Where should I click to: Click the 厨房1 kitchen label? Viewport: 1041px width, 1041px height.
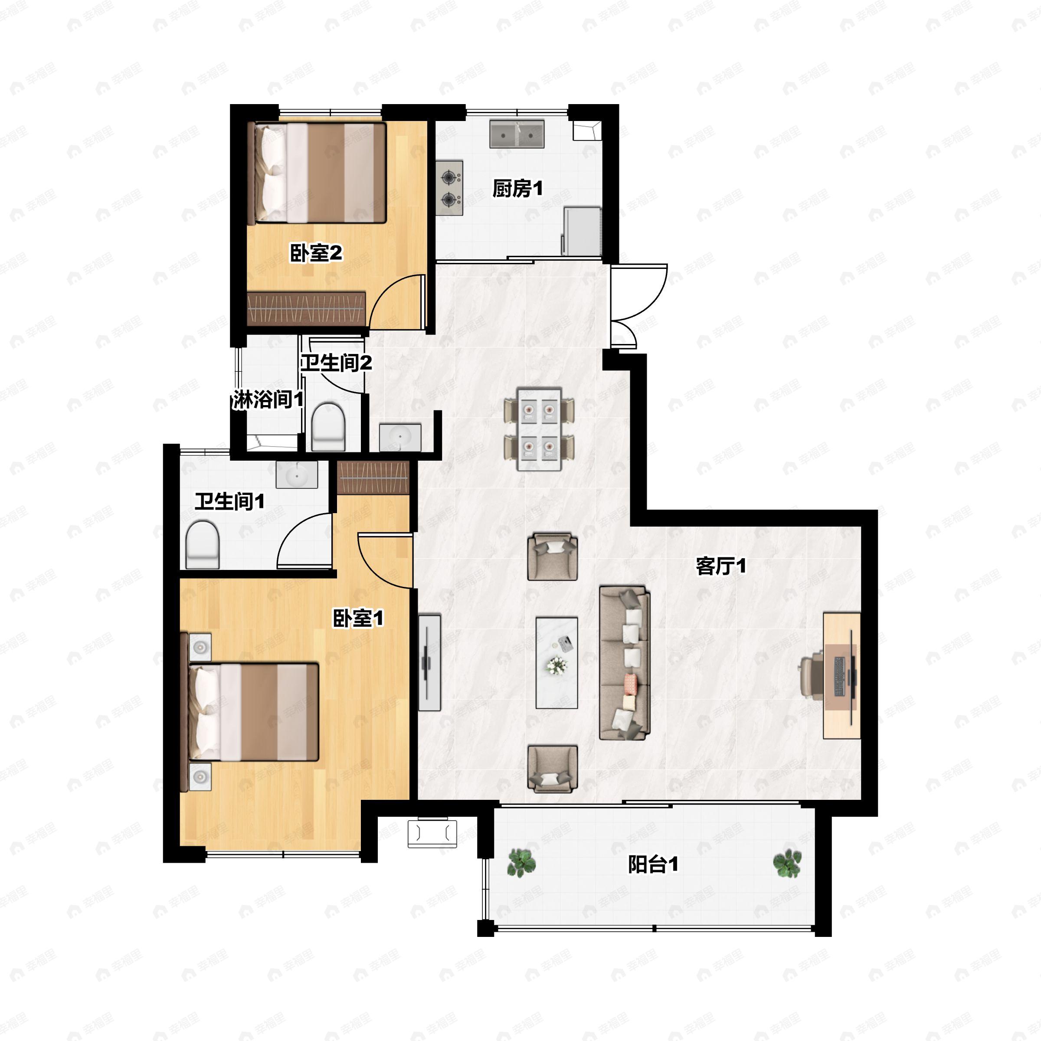point(517,189)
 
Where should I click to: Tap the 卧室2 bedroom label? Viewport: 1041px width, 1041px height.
point(316,253)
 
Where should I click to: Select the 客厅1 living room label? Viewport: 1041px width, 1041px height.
point(721,566)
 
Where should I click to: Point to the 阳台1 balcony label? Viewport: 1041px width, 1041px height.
point(653,865)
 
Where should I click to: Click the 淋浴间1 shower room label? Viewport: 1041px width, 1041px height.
point(268,400)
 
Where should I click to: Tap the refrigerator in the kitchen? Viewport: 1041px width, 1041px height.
point(582,231)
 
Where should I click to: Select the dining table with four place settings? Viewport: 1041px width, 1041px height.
point(539,429)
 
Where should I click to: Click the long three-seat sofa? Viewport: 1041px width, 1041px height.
point(625,663)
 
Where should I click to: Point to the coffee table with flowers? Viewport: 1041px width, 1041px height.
point(557,663)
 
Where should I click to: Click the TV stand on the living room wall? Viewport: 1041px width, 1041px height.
point(429,662)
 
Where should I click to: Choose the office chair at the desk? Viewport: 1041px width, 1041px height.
point(812,676)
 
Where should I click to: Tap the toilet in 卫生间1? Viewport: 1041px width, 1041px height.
point(203,544)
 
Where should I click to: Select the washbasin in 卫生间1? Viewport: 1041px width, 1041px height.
point(296,475)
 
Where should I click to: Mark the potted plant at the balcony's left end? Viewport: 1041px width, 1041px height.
point(521,863)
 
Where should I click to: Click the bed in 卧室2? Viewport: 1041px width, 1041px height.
point(317,173)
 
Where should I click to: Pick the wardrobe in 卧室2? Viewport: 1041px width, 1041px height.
point(306,309)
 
